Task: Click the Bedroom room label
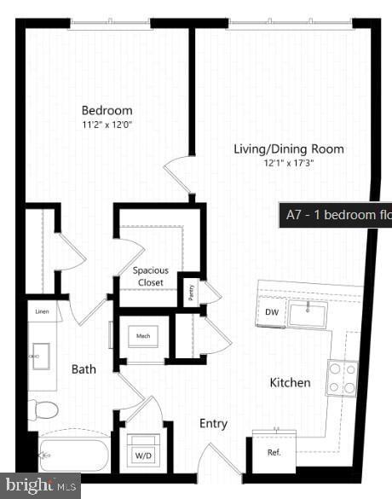point(107,110)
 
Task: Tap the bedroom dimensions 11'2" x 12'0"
point(107,125)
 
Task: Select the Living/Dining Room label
point(289,149)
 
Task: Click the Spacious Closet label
point(150,276)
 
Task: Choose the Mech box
point(142,336)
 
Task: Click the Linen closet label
point(43,312)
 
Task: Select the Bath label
point(84,369)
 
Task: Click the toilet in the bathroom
point(43,410)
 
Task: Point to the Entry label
point(213,424)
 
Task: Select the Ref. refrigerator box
point(274,452)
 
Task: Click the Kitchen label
point(291,383)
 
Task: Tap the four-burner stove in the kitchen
point(343,378)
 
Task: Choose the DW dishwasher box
point(271,312)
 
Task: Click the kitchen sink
point(308,314)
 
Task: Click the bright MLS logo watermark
point(40,486)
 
